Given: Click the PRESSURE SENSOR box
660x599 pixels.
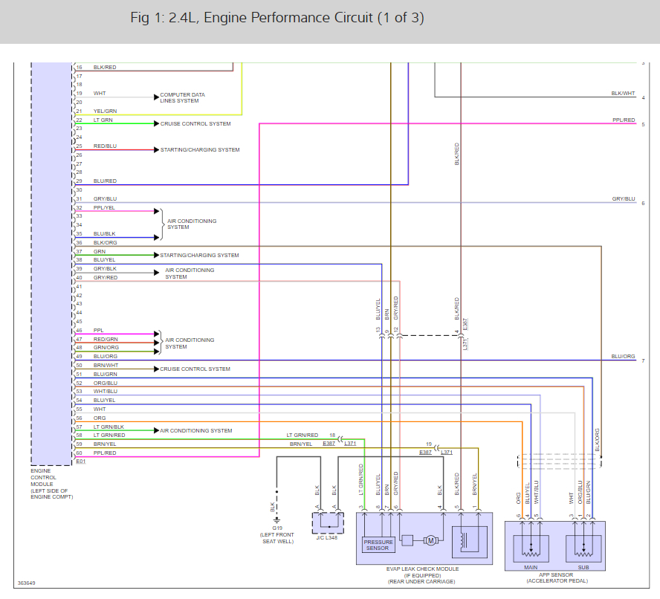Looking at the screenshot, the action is (x=378, y=545).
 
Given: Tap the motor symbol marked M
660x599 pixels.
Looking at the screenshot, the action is (x=430, y=540).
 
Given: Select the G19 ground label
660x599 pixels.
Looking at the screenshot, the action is (x=277, y=528).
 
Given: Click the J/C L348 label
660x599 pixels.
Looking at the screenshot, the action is (x=327, y=537).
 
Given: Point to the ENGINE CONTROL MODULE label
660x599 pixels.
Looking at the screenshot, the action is (x=52, y=484).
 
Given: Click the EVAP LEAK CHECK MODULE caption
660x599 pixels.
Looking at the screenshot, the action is (x=422, y=569).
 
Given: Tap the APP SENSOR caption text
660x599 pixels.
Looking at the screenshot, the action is (x=556, y=574).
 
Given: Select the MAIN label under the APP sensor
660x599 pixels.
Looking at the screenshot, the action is (x=531, y=568).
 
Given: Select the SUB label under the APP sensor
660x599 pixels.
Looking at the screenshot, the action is (x=583, y=568).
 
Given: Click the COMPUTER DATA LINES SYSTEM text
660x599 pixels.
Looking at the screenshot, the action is (x=182, y=97).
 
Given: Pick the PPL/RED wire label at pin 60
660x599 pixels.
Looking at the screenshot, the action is (x=105, y=453).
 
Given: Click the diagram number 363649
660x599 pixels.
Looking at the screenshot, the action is (x=26, y=583).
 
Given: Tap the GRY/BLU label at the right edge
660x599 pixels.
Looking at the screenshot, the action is (x=624, y=198).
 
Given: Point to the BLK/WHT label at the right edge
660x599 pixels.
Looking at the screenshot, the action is (x=623, y=94).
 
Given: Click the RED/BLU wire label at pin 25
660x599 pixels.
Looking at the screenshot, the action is (x=105, y=146).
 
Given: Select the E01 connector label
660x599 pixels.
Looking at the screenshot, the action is (x=80, y=462).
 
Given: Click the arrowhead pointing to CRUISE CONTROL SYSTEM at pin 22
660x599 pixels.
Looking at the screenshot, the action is (x=157, y=123).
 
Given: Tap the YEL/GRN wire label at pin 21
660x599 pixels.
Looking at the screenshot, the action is (x=105, y=111).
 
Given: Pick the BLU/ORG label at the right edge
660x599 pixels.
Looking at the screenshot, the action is (x=623, y=356).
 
